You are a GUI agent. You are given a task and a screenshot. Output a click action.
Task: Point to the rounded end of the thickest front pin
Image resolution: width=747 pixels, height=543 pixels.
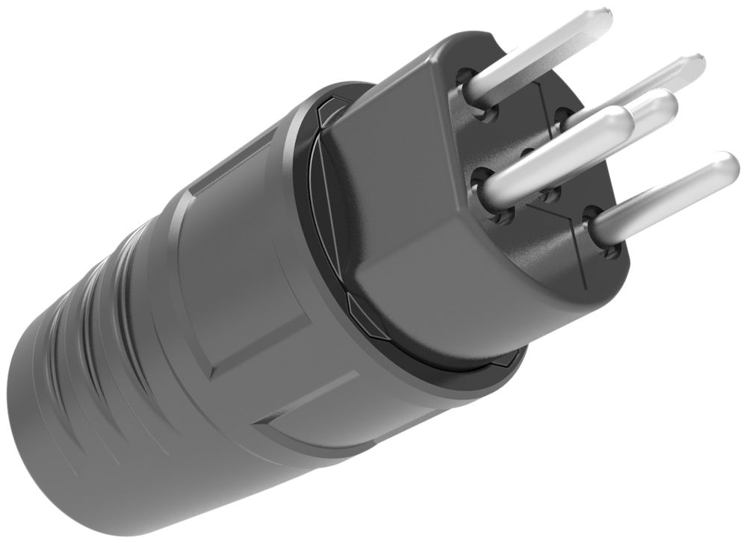coord(619,120)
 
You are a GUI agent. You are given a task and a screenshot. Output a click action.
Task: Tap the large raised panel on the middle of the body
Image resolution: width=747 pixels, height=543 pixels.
coord(247,284)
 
